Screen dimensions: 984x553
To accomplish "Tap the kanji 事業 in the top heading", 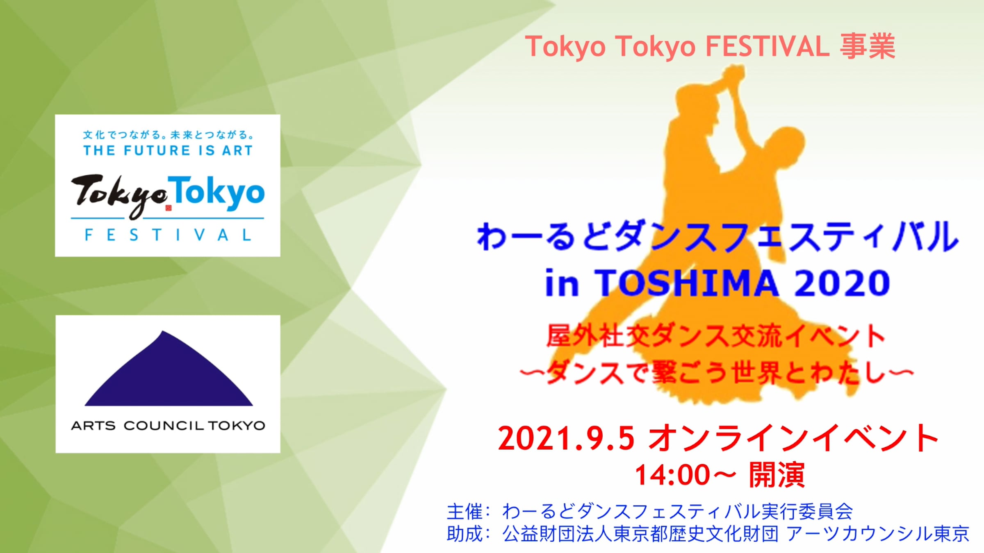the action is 868,46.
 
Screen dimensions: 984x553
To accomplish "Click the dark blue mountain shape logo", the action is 169,369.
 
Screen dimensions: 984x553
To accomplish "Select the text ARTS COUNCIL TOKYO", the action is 168,426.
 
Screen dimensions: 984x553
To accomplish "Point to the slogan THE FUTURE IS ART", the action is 168,150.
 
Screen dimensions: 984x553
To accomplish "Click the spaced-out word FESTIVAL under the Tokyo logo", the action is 168,235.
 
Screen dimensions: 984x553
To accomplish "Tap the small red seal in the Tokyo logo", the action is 169,208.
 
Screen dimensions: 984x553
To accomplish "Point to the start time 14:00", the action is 672,475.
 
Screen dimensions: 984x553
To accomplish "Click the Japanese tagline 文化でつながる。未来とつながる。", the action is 169,135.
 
